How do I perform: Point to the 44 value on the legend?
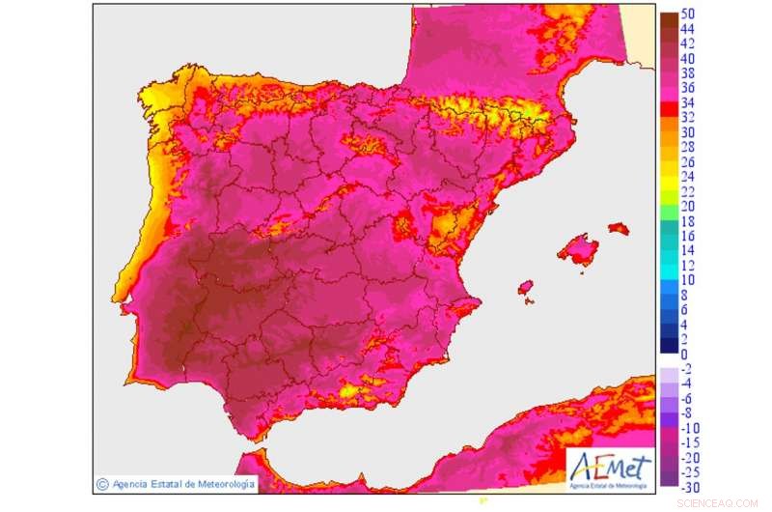coord(688,30)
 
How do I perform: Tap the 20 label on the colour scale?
coord(688,206)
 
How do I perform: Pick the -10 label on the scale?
coord(691,428)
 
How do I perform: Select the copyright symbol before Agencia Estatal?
coord(102,483)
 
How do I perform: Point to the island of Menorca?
coord(618,229)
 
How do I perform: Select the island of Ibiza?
coord(526,288)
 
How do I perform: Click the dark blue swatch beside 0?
coord(668,346)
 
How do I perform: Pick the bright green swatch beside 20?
coord(668,206)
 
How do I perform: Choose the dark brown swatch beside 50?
coord(668,18)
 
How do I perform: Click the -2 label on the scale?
coord(687,369)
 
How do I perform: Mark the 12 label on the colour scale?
coord(688,265)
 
